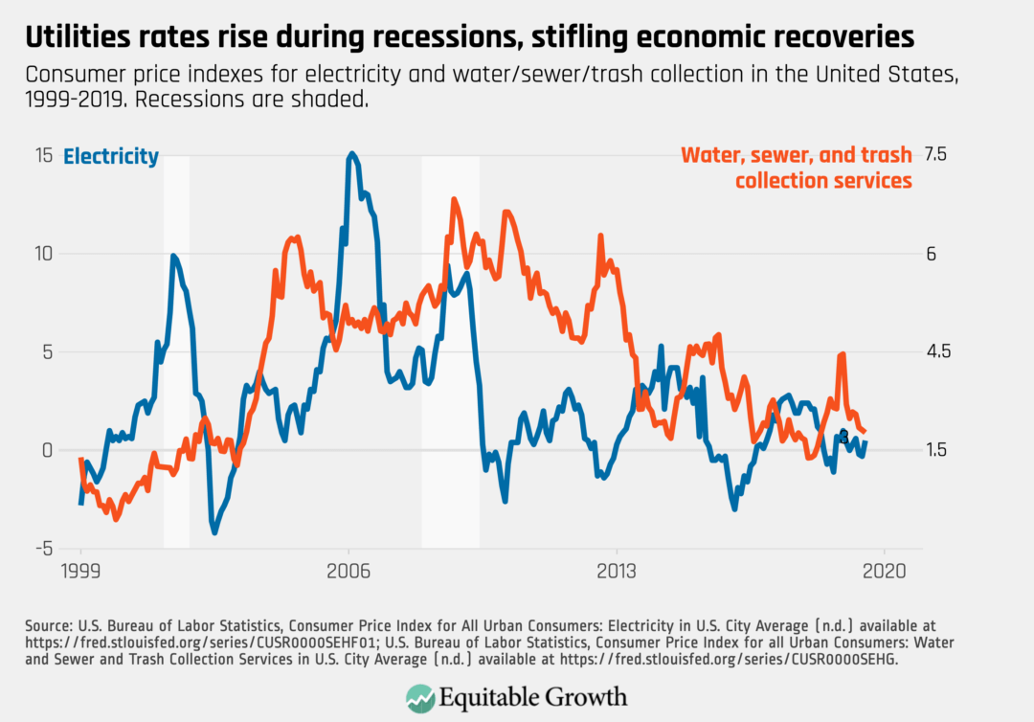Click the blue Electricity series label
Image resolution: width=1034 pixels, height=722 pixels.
pos(110,157)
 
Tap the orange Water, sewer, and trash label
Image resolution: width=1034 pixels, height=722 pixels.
pos(796,167)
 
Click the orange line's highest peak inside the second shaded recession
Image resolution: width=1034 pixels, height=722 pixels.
pos(454,200)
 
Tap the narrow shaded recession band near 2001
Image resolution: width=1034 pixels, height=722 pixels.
pos(176,350)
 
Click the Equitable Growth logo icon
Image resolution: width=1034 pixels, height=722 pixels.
pos(418,697)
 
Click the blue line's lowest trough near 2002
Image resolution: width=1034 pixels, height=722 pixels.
pos(214,531)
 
